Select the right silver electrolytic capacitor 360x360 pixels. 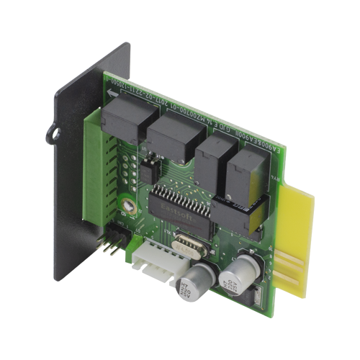point(238,276)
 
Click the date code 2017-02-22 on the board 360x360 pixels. point(204,114)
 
